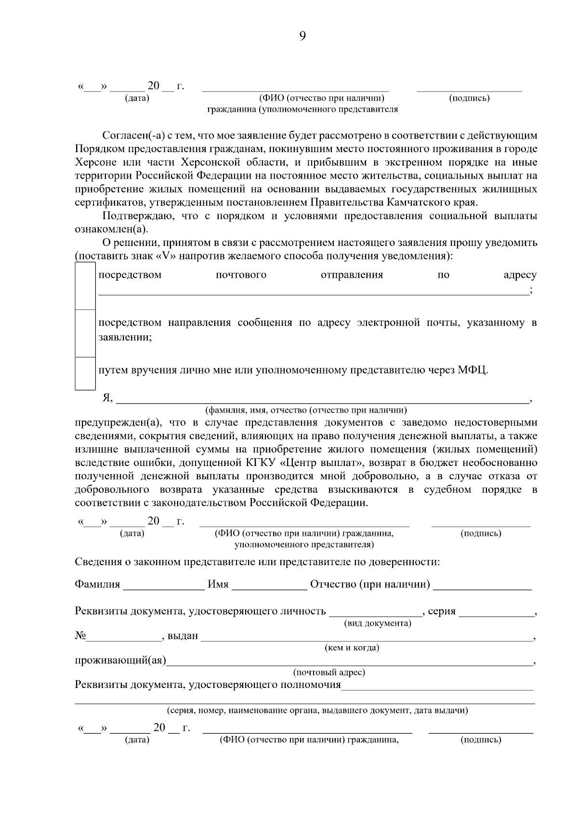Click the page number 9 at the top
click(302, 36)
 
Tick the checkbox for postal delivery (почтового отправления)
click(85, 286)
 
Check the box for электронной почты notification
click(85, 333)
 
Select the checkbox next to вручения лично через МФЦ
click(85, 373)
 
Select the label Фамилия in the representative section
click(97, 584)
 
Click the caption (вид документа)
click(377, 623)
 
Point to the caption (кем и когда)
click(352, 648)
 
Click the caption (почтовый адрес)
click(329, 673)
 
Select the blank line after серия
click(497, 613)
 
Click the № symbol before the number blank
click(80, 636)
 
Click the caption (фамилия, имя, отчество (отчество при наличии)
click(306, 411)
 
